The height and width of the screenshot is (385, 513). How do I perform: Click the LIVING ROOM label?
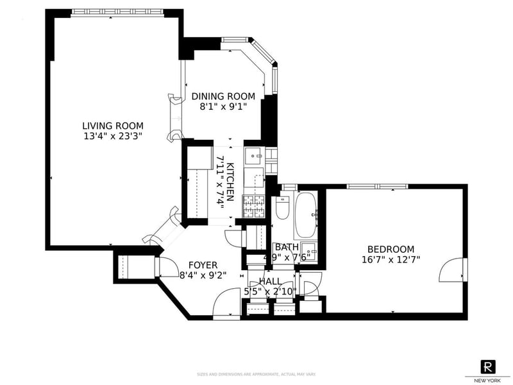(x=112, y=126)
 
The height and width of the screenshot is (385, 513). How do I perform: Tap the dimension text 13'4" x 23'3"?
(x=112, y=136)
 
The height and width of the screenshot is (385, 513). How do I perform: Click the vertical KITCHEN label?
(x=229, y=182)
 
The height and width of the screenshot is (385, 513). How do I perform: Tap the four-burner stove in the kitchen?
(x=249, y=205)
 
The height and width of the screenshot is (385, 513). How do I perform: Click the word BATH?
(x=286, y=247)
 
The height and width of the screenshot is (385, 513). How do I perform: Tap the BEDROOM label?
(x=391, y=250)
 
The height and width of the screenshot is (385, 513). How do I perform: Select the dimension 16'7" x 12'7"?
(x=391, y=260)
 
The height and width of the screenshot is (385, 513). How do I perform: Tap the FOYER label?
(x=203, y=265)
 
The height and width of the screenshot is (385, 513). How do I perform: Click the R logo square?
(x=489, y=366)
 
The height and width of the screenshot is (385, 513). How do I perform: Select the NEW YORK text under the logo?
(x=489, y=380)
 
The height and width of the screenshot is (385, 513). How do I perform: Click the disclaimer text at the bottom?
(x=256, y=374)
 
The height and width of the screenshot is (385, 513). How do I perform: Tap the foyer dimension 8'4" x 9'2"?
(x=203, y=275)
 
